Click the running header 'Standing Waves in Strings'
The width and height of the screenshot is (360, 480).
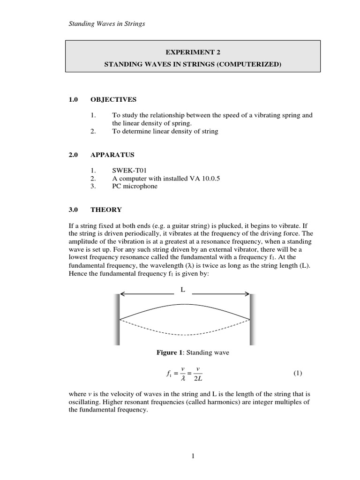[x=106, y=24]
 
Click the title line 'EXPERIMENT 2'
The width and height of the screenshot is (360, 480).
[x=193, y=52]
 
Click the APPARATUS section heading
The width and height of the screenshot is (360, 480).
[x=112, y=155]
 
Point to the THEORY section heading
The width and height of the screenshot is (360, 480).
[x=106, y=210]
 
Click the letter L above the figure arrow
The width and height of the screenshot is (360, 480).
[x=183, y=290]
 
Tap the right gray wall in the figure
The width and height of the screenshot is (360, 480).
[x=252, y=319]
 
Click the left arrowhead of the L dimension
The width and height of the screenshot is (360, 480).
[x=123, y=294]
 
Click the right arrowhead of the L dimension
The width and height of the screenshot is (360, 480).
[x=247, y=294]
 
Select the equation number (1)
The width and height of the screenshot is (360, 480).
[x=298, y=374]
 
